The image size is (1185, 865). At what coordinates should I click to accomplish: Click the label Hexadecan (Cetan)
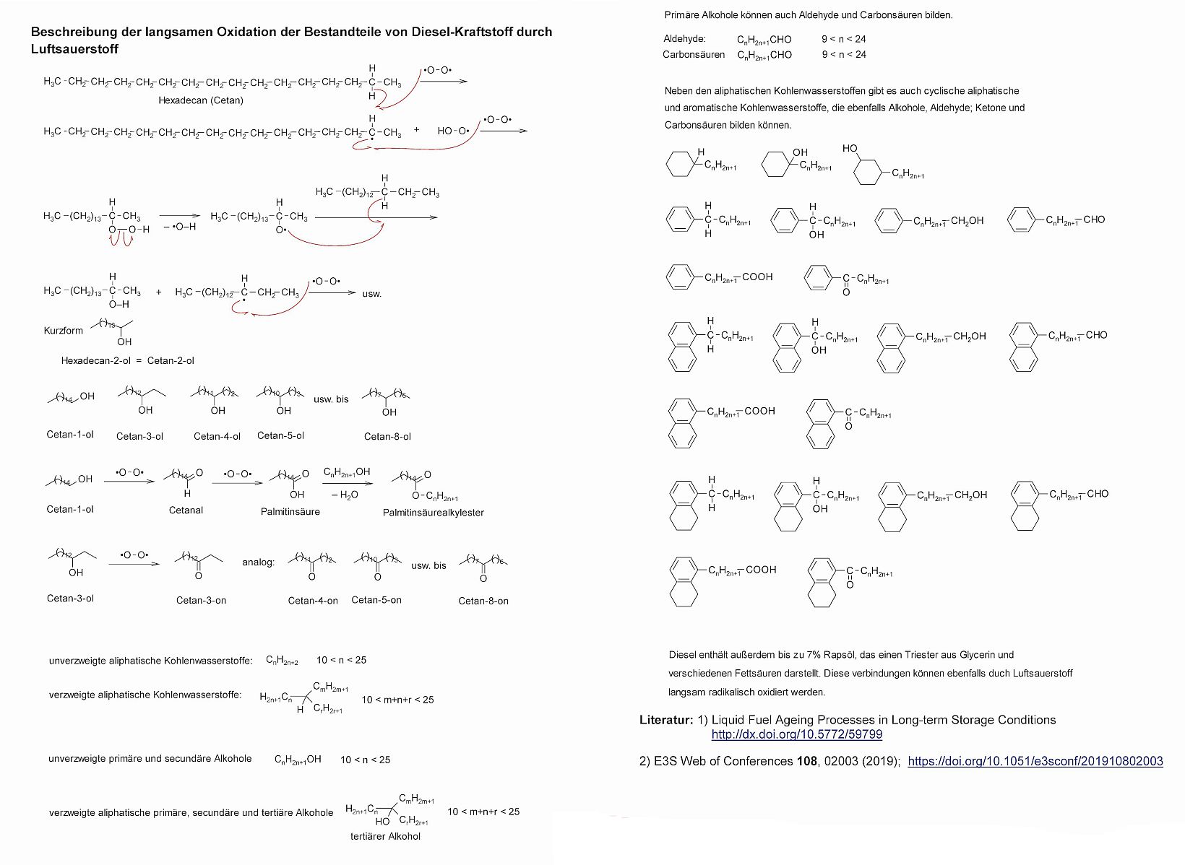tap(201, 100)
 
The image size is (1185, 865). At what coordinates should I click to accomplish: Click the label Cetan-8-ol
tap(387, 436)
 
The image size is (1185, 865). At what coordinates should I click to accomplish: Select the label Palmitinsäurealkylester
tap(434, 513)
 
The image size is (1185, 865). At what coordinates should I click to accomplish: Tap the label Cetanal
tap(186, 510)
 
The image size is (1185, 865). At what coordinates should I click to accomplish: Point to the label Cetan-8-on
tap(483, 601)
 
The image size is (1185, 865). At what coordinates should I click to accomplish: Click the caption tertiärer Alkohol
tap(385, 836)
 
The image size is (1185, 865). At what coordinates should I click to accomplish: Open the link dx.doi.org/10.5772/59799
tap(796, 734)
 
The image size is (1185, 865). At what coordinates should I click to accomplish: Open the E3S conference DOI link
tap(1035, 761)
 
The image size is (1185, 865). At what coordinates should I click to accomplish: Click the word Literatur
tap(666, 720)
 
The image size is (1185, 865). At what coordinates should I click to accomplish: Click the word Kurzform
tap(64, 331)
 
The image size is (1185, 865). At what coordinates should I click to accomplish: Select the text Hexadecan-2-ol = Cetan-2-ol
tap(127, 360)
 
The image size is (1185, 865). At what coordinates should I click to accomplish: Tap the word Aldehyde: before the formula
tap(684, 39)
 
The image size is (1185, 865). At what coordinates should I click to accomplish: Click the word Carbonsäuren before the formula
tap(694, 54)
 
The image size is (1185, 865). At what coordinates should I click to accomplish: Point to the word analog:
tap(259, 562)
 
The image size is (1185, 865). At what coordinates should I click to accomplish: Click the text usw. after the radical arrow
tap(371, 294)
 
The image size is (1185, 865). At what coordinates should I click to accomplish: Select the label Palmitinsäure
tap(290, 511)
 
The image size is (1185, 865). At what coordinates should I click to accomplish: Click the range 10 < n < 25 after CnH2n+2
tap(341, 660)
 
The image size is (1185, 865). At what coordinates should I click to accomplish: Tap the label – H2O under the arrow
tap(345, 495)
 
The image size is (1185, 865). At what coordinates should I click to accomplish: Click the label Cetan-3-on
tap(201, 600)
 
